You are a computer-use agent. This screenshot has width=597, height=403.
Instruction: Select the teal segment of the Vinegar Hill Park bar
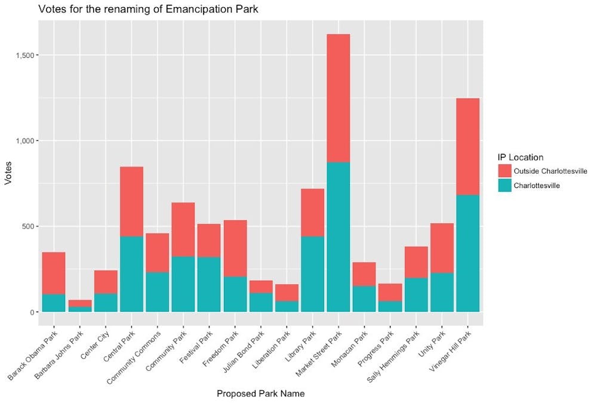[467, 253]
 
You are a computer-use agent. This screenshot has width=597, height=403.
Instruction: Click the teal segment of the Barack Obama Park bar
[54, 303]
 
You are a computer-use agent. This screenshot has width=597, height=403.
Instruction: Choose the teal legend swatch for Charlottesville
[505, 186]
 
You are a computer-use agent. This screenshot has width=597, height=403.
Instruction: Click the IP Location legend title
[521, 157]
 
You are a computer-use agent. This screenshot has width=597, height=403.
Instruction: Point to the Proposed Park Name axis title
[260, 393]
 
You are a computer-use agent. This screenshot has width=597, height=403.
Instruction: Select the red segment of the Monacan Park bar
[364, 274]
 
